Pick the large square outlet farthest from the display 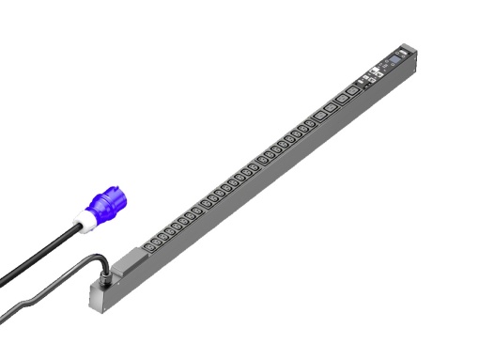tap(319, 116)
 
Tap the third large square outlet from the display tap(330, 108)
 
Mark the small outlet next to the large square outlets tap(309, 124)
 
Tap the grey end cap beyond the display tap(407, 49)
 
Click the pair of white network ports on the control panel tap(373, 70)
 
